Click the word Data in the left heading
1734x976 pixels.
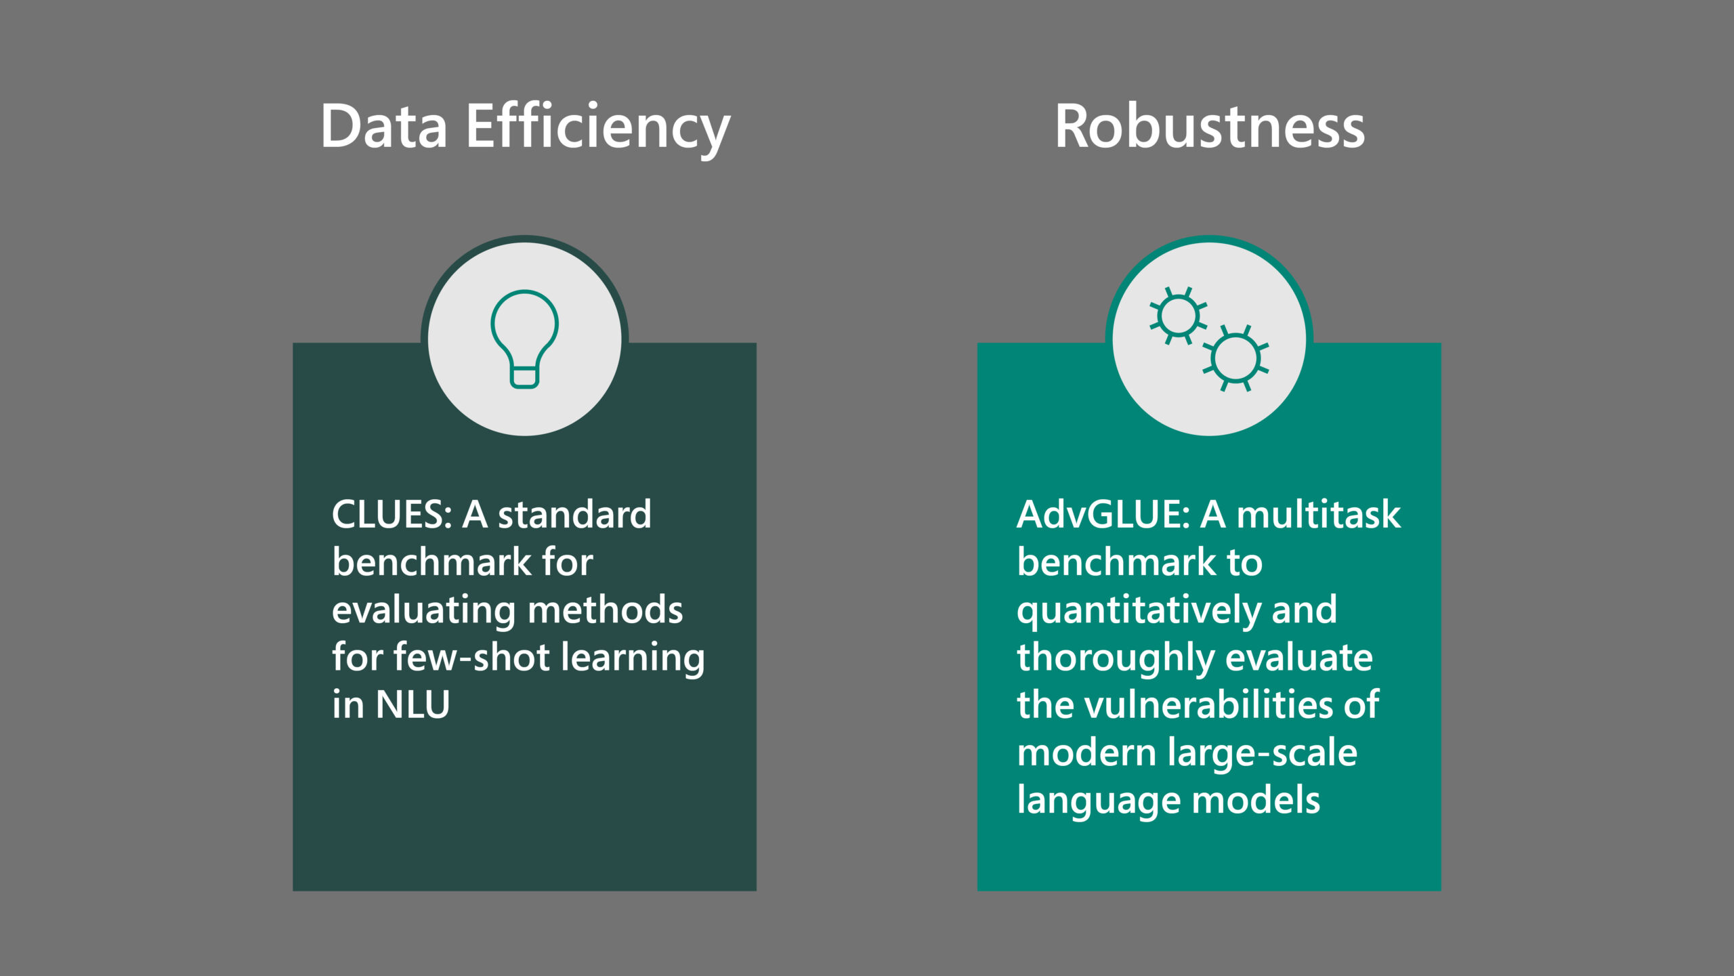pos(383,127)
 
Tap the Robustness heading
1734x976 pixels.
pos(1209,127)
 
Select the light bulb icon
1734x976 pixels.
pos(524,338)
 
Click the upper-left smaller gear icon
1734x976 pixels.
pos(1178,316)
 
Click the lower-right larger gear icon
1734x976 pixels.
pos(1235,358)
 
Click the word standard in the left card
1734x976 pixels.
pos(574,515)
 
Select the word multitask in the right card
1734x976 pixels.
pos(1318,515)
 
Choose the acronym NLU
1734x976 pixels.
pos(413,705)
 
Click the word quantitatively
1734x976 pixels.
pos(1139,610)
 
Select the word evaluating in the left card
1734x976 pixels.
pos(424,610)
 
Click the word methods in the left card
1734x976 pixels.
pos(605,610)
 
